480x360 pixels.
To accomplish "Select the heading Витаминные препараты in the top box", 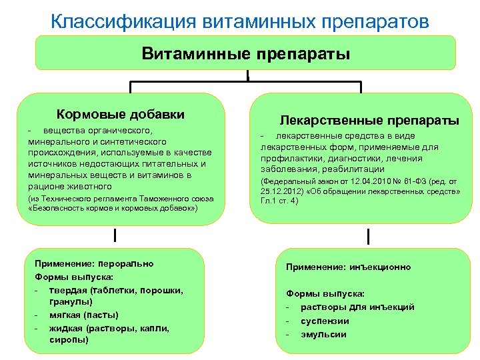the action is (x=245, y=53).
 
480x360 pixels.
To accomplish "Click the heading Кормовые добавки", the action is (x=121, y=115).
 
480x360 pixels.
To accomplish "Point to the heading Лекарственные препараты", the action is (x=369, y=120).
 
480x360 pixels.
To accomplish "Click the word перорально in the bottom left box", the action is (x=126, y=263).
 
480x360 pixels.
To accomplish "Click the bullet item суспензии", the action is (x=325, y=321).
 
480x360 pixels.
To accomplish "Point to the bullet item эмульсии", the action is (x=323, y=334).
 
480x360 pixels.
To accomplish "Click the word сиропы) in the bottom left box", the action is (x=68, y=340).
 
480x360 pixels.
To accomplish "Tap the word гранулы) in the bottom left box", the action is (x=70, y=301).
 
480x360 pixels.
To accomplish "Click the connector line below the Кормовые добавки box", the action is (x=114, y=235).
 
